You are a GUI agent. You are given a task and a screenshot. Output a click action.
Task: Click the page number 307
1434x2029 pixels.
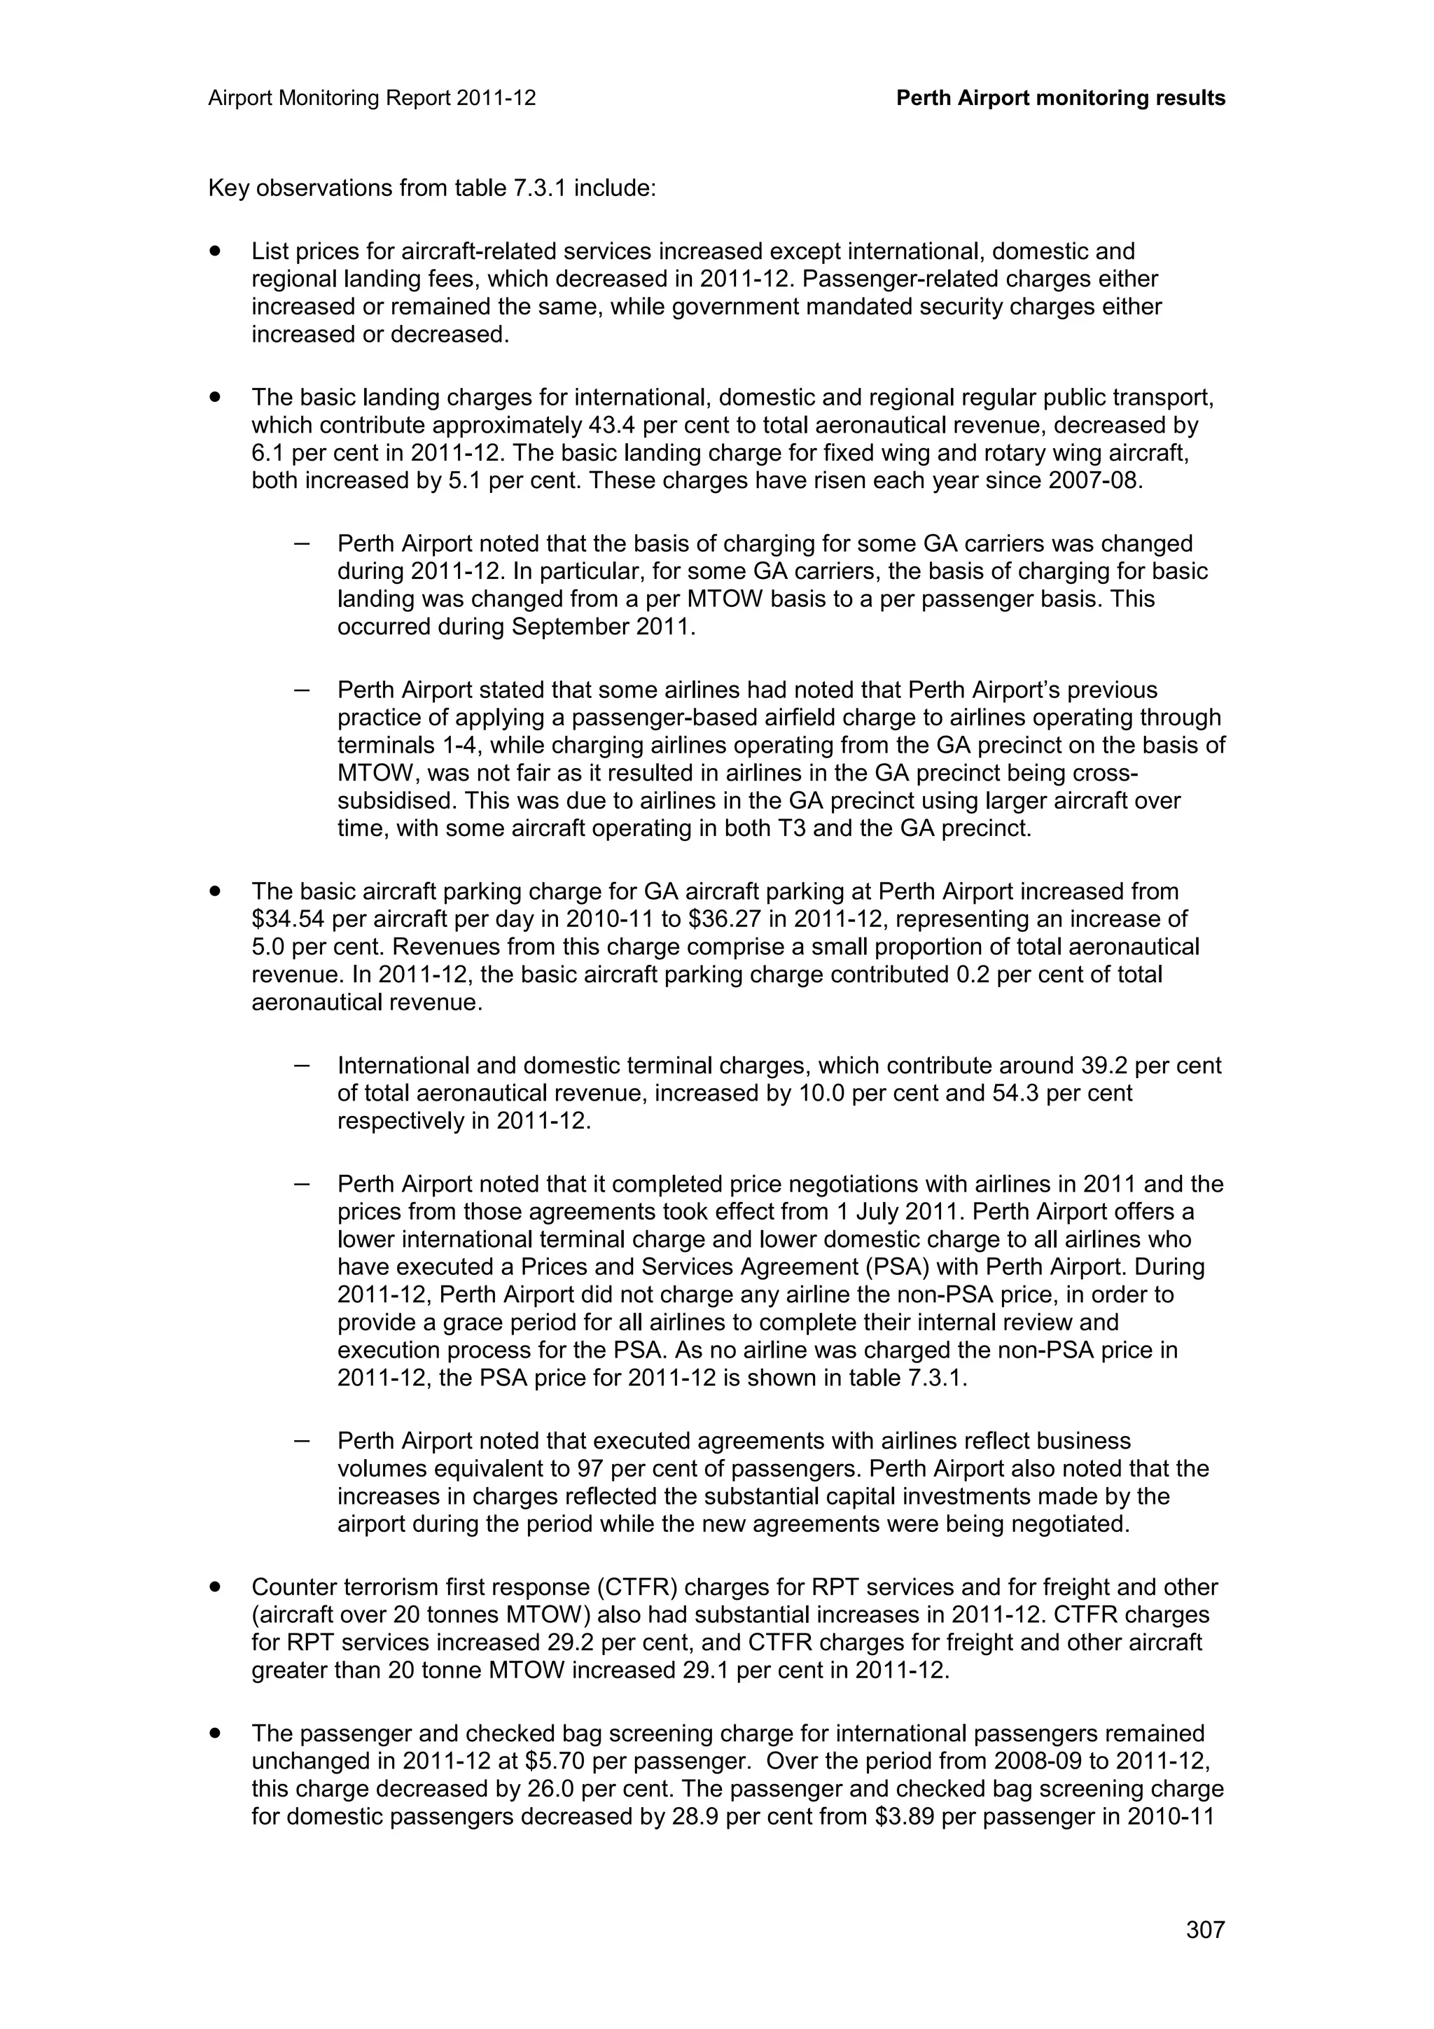tap(1205, 1930)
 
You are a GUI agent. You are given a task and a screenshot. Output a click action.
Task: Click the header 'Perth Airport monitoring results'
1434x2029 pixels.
tap(1060, 98)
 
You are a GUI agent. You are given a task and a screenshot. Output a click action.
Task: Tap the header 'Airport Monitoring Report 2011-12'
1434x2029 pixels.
tap(372, 98)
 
